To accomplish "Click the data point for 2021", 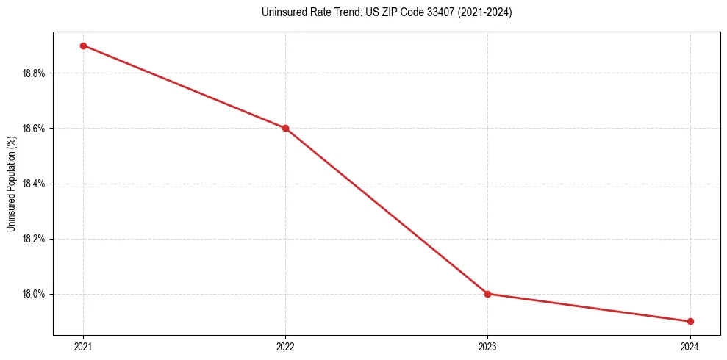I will coord(83,46).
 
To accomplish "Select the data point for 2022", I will coord(285,128).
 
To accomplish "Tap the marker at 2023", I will coord(487,294).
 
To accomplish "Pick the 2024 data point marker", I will coord(690,321).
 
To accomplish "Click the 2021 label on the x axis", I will coord(83,346).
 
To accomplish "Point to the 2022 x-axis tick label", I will coord(285,346).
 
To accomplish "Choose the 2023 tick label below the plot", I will coord(487,346).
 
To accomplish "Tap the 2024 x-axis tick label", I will coord(690,346).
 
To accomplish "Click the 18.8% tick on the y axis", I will coord(35,73).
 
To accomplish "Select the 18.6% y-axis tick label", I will coord(35,129).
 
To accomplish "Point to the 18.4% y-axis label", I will coord(35,184).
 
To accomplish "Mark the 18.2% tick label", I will coord(35,239).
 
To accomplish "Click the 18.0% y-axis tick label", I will coord(35,294).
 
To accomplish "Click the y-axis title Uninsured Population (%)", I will coord(11,183).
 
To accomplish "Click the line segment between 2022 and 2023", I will coord(386,211).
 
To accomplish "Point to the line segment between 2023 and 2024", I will coord(588,307).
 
